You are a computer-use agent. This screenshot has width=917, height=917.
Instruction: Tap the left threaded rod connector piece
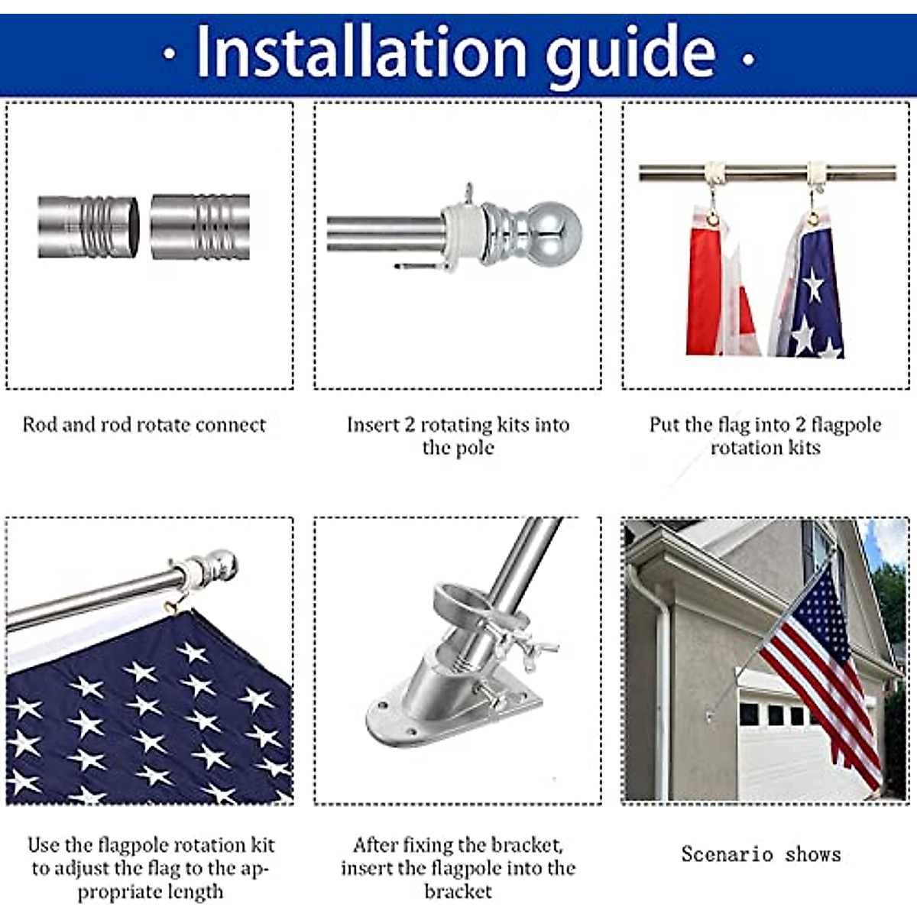point(88,227)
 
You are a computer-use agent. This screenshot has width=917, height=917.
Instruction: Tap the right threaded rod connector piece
point(200,227)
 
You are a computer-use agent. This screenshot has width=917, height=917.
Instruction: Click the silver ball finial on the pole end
point(556,229)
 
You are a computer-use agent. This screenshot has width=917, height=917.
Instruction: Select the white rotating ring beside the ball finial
point(462,228)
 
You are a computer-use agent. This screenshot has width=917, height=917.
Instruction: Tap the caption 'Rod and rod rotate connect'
point(144,425)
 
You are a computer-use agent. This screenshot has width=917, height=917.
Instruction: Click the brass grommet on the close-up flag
point(172,608)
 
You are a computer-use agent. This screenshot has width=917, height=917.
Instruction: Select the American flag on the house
point(818,657)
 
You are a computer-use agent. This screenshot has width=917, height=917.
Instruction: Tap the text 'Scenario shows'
point(760,854)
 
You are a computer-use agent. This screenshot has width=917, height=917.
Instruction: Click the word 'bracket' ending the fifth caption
point(458,892)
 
